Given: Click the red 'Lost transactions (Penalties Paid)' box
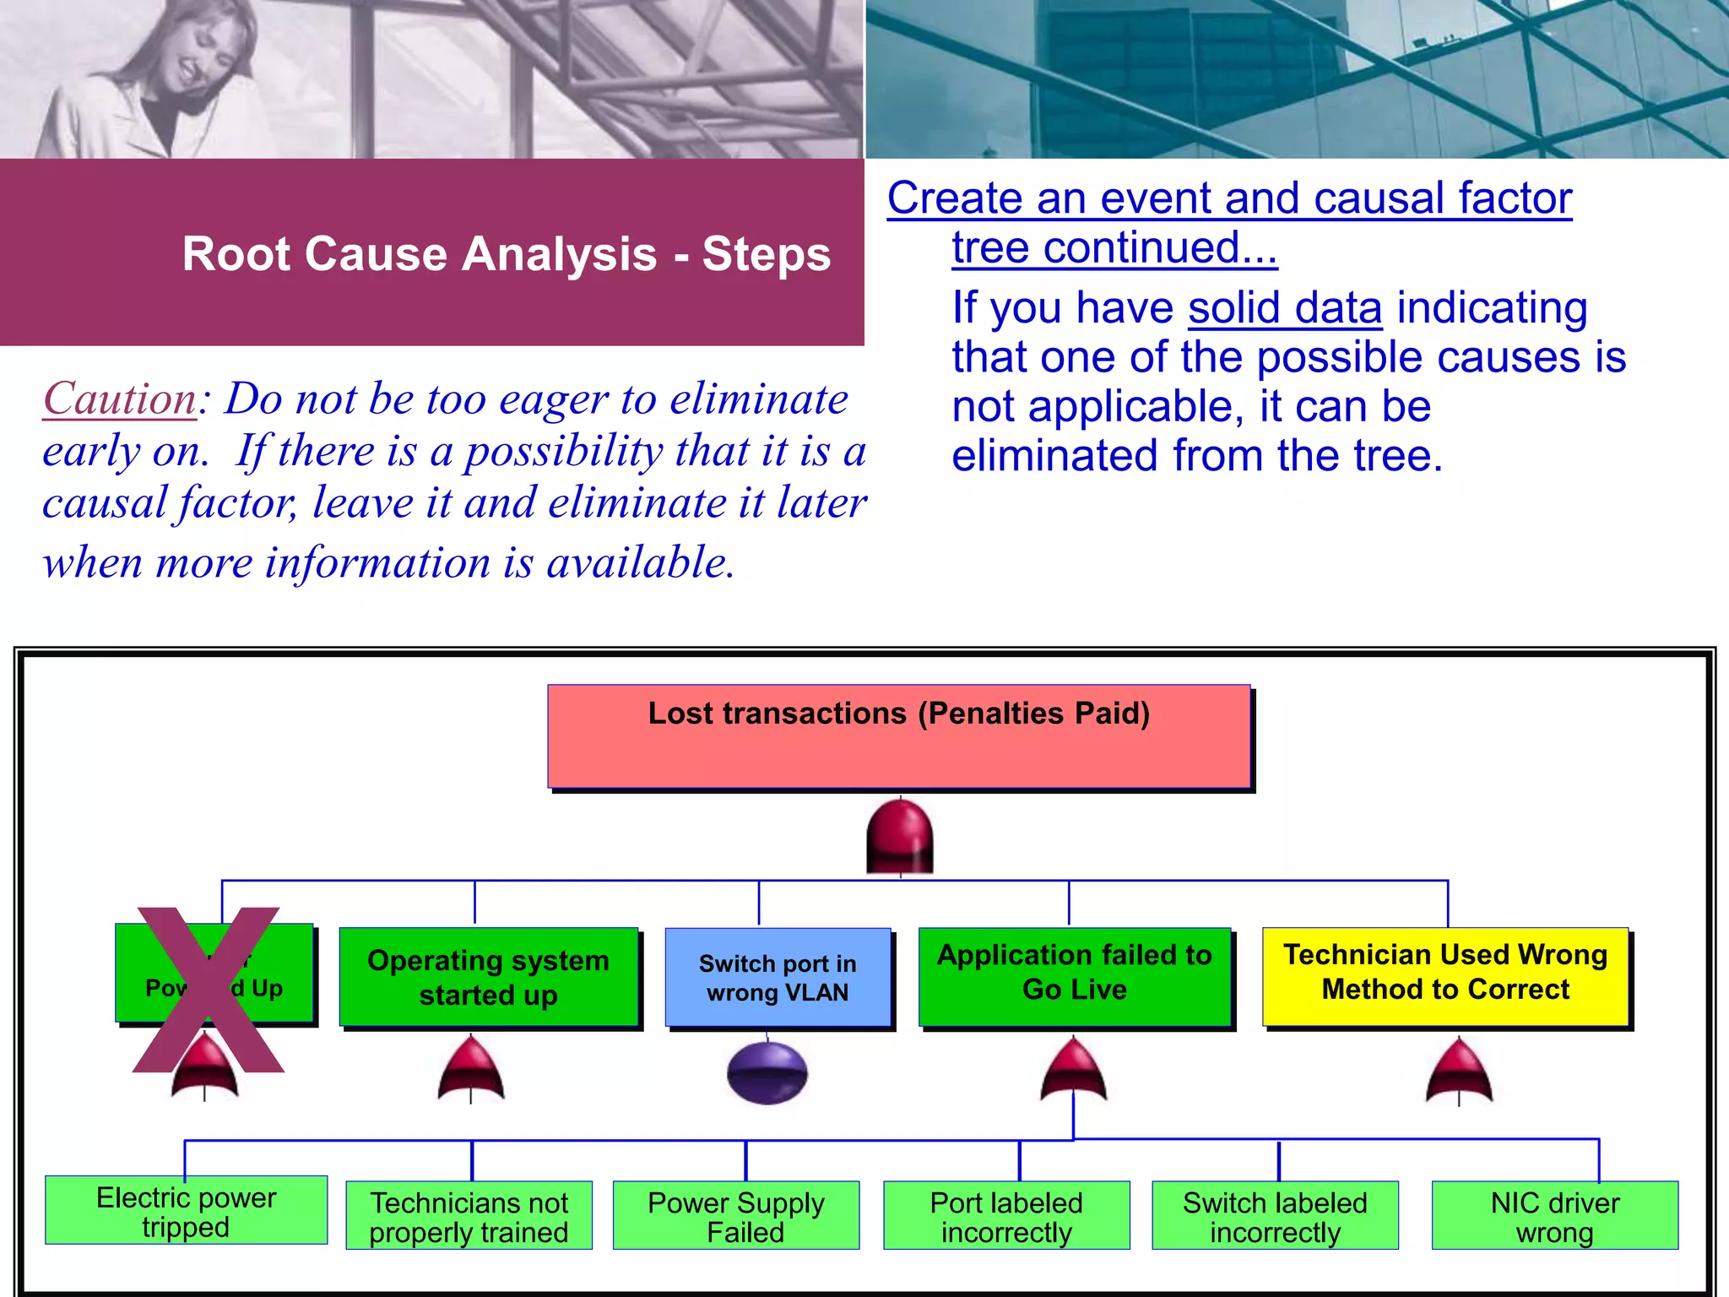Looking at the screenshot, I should pos(898,736).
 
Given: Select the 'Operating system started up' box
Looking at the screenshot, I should pos(488,977).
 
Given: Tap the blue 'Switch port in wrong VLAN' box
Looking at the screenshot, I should pos(778,978).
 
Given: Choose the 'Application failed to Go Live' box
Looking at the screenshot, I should pos(1074,977).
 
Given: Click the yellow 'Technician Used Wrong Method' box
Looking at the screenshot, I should pos(1445,977).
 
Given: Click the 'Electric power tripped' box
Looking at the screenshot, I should pos(186,1210).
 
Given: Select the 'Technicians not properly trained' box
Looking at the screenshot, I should pos(469,1216).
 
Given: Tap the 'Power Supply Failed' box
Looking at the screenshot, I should pos(735,1216).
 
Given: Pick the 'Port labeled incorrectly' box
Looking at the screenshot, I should pos(1006,1216).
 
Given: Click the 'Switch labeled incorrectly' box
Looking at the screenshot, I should pos(1275,1216).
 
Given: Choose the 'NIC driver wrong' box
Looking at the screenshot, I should pos(1554,1216).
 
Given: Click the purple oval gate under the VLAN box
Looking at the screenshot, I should pos(767,1073).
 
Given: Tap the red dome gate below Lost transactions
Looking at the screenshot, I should pos(900,836).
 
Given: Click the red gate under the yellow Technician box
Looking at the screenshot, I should pos(1459,1072).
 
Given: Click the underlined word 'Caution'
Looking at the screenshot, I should pos(120,399).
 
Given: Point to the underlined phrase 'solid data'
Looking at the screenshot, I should pos(1285,307).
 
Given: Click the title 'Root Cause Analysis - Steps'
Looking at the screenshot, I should pos(507,253).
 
